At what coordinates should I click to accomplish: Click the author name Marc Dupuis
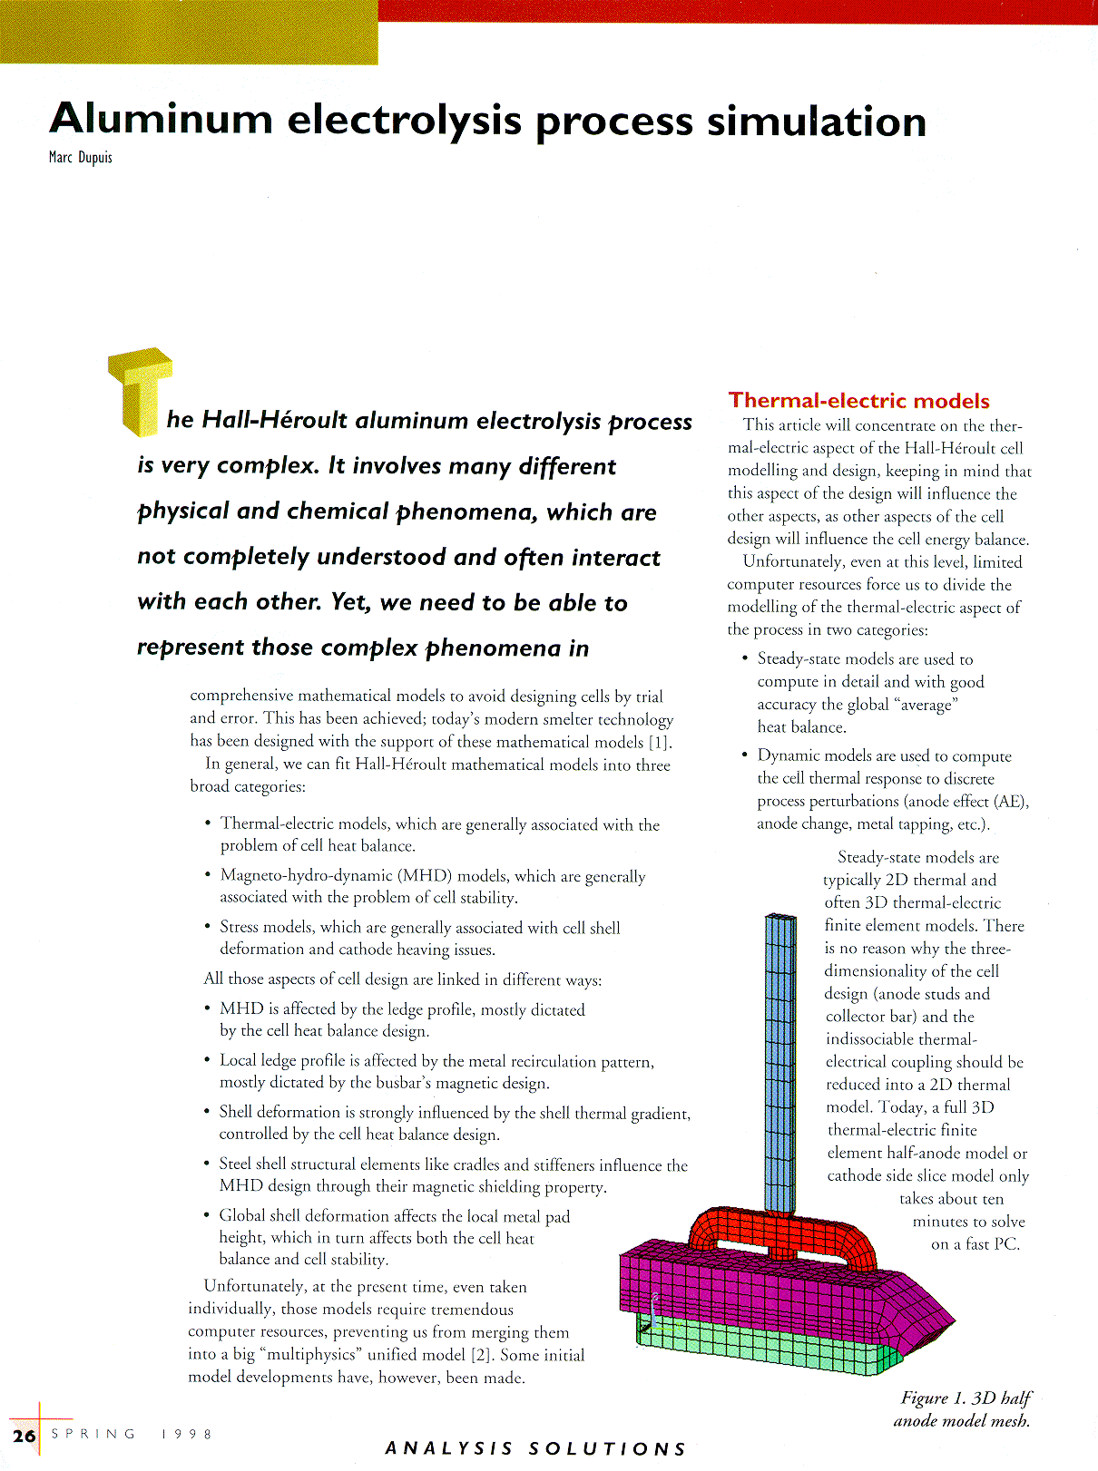pyautogui.click(x=80, y=158)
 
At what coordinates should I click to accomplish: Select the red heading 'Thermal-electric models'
pyautogui.click(x=858, y=401)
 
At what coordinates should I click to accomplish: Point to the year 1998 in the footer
pyautogui.click(x=186, y=1434)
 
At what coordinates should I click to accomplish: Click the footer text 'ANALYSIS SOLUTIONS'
pyautogui.click(x=535, y=1448)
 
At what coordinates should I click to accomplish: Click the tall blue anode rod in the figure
pyautogui.click(x=779, y=1061)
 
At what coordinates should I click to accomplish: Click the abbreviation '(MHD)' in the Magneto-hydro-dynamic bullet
pyautogui.click(x=424, y=876)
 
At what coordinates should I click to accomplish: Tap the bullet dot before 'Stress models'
pyautogui.click(x=208, y=927)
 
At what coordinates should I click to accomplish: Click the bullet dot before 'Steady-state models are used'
pyautogui.click(x=744, y=659)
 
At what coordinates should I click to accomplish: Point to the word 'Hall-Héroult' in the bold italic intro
pyautogui.click(x=274, y=421)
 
